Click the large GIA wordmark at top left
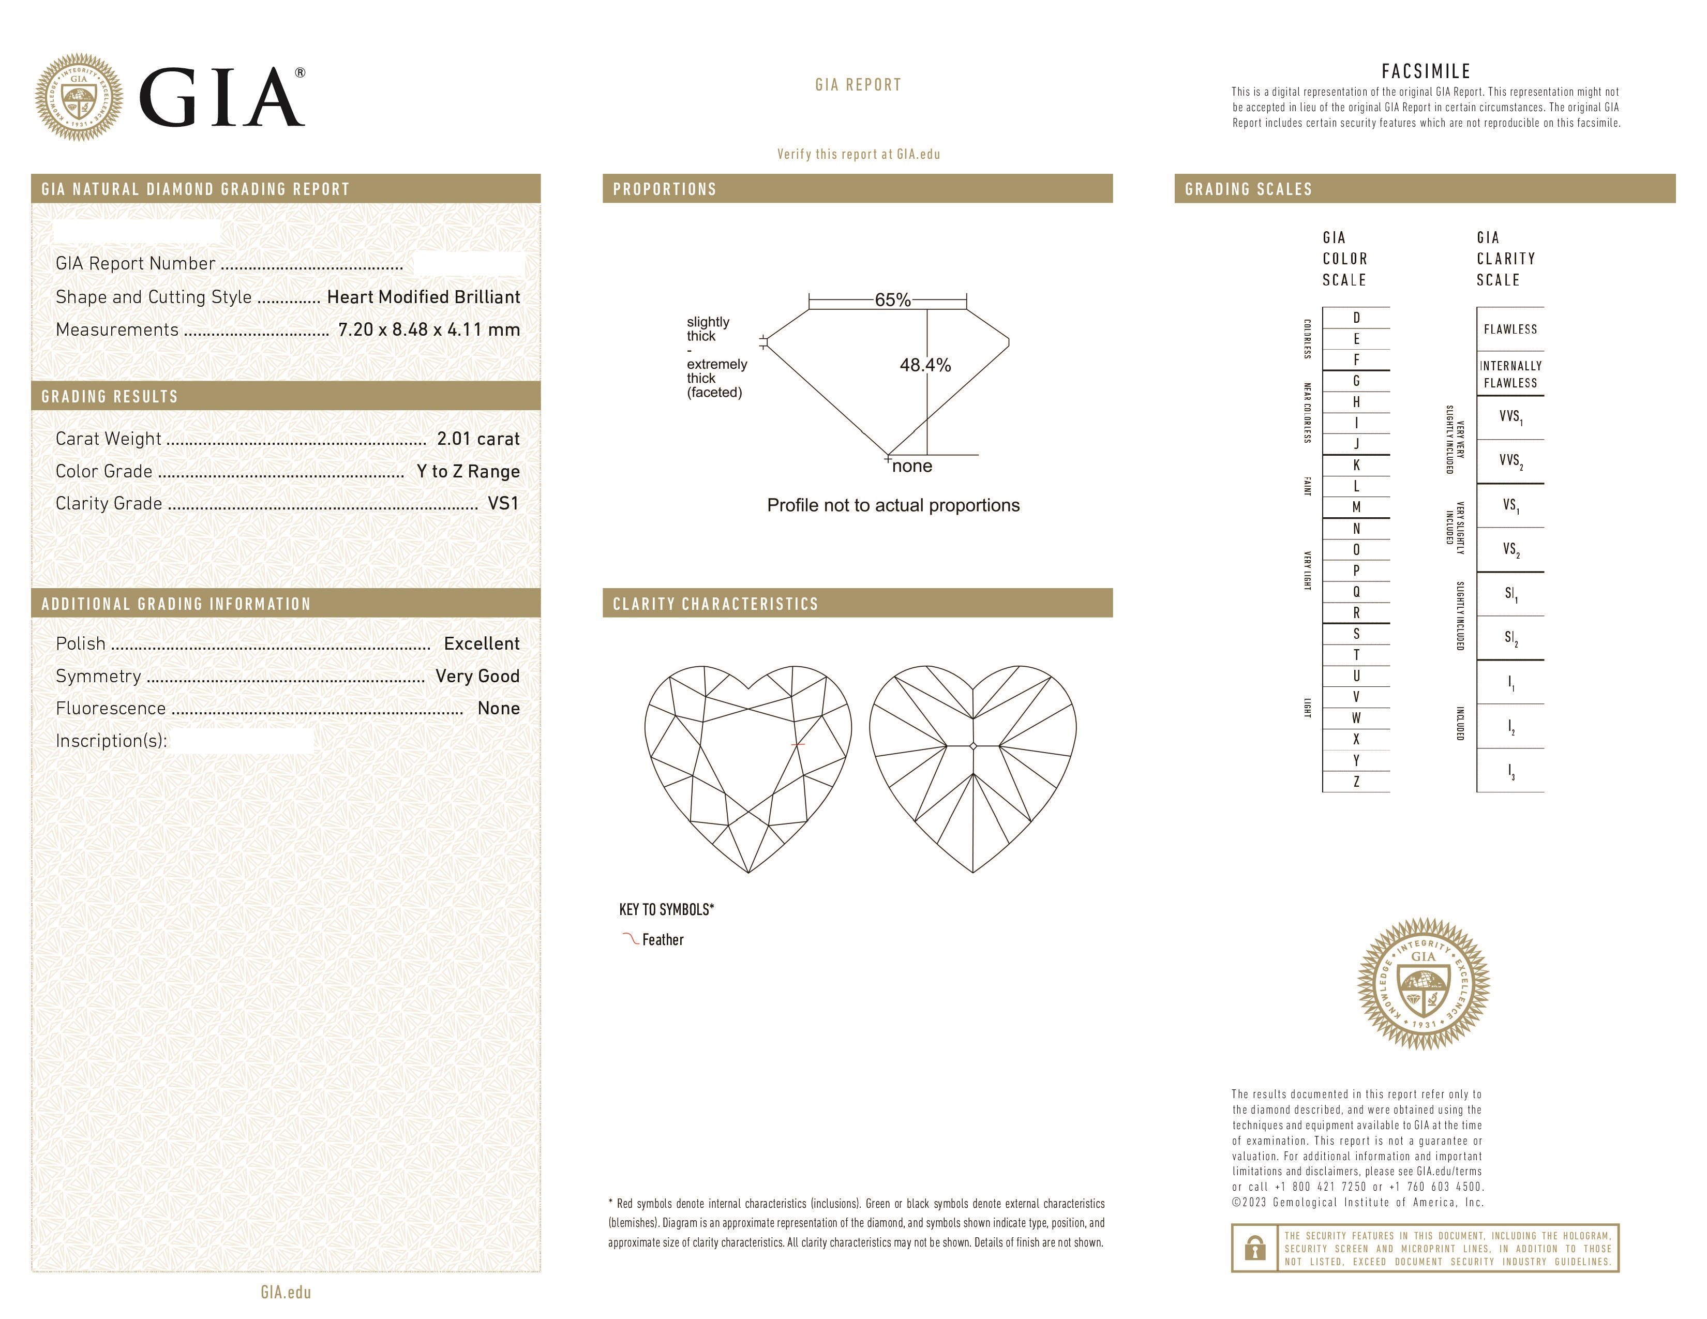tap(221, 98)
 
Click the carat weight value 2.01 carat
tap(477, 439)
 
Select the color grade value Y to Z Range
tap(468, 471)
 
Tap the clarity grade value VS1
tap(503, 503)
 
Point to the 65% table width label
tap(892, 300)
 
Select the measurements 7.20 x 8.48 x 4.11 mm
tap(428, 330)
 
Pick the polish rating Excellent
tap(482, 644)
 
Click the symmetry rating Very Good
tap(477, 676)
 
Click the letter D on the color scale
tap(1356, 318)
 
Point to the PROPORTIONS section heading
tap(664, 189)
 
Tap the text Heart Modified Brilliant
tap(423, 297)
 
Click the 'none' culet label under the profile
tap(912, 467)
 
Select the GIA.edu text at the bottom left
tap(286, 1292)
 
